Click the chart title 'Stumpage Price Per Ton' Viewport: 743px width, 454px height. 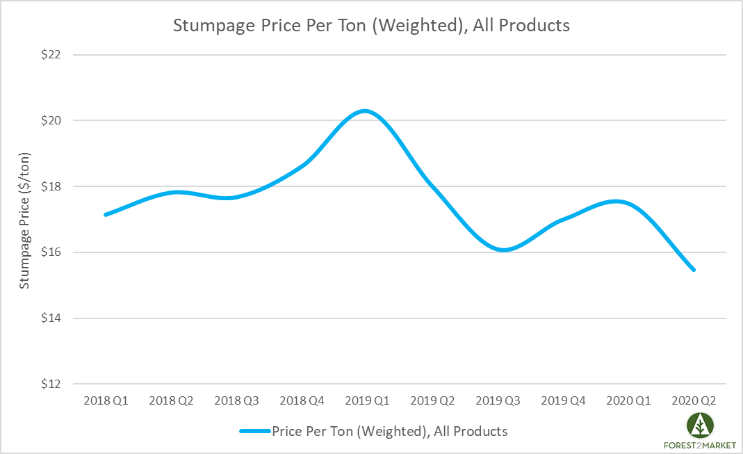click(x=371, y=26)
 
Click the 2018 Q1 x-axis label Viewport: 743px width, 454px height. click(x=106, y=401)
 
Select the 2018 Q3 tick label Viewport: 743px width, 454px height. click(x=236, y=401)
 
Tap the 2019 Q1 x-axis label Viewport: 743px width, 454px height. click(x=367, y=401)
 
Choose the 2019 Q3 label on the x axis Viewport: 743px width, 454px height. click(x=498, y=401)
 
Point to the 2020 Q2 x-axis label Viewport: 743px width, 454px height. click(x=693, y=401)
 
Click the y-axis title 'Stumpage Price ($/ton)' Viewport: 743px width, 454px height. click(x=25, y=219)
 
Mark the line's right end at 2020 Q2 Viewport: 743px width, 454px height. click(x=693, y=269)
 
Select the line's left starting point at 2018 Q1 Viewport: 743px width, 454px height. click(x=106, y=214)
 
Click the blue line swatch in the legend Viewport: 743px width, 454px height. click(x=254, y=431)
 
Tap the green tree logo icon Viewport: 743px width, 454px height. click(x=701, y=425)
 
